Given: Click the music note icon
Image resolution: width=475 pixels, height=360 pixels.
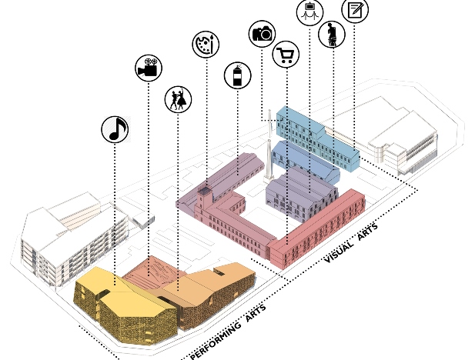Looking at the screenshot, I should point(115,129).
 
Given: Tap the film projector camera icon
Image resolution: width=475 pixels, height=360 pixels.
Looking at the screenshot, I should point(148,68).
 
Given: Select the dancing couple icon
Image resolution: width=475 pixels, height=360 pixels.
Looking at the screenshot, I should point(178,99).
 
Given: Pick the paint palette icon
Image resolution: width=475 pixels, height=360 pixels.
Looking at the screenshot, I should point(206,44).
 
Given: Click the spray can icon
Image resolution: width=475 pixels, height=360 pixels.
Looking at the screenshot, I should point(237,75).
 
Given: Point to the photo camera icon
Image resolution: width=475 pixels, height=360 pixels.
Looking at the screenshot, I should point(262,33).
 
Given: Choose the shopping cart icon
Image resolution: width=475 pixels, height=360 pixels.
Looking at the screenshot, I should point(286,55).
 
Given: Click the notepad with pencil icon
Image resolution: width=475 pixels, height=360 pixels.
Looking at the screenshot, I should point(355,11).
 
